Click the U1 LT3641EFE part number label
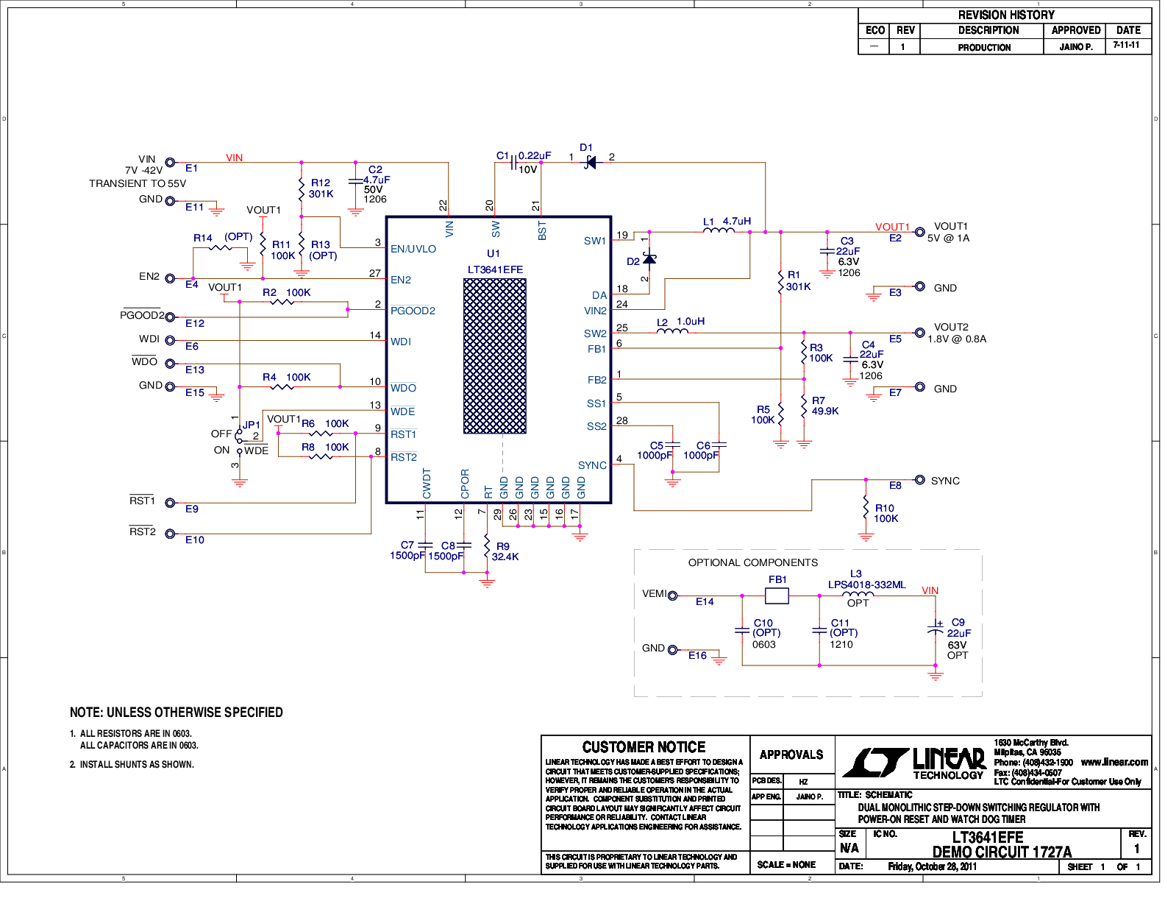click(x=495, y=269)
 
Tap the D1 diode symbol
click(x=591, y=162)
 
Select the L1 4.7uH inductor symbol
click(x=719, y=230)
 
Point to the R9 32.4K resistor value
click(x=505, y=557)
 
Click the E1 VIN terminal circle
click(x=170, y=162)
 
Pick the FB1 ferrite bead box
click(x=777, y=596)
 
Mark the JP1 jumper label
click(x=251, y=425)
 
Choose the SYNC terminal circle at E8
click(x=919, y=480)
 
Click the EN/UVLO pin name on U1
click(x=413, y=249)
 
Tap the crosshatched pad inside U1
click(x=495, y=356)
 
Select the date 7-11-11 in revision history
click(x=1126, y=45)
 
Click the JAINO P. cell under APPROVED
click(x=1075, y=46)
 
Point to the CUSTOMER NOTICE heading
click(x=644, y=747)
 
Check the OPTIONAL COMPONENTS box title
click(x=752, y=562)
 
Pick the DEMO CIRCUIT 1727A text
click(x=1002, y=852)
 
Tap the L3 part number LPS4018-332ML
click(x=866, y=584)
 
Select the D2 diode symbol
click(x=649, y=260)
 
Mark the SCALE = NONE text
click(x=786, y=864)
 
